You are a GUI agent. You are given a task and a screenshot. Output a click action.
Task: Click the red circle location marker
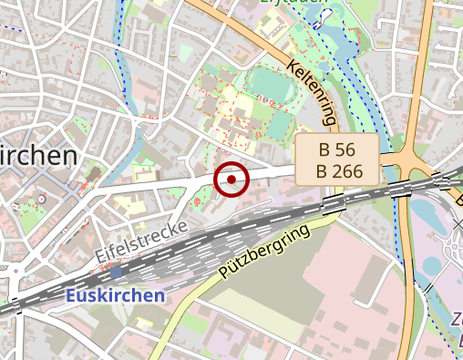[x=232, y=180]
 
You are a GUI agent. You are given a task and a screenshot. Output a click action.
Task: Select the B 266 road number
[x=336, y=170]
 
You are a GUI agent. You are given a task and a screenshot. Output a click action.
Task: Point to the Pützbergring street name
[x=264, y=252]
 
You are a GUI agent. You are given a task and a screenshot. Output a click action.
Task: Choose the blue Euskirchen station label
[x=116, y=295]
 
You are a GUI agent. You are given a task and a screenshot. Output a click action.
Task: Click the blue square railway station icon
[x=116, y=272]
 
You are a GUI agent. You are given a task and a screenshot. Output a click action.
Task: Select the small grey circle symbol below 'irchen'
[x=41, y=198]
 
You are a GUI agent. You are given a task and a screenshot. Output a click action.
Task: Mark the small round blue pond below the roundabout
[x=430, y=266]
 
